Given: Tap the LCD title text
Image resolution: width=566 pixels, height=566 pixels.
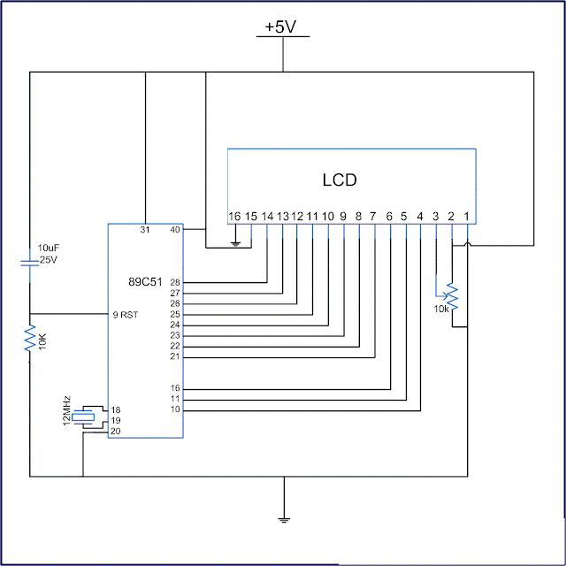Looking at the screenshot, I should coord(340,180).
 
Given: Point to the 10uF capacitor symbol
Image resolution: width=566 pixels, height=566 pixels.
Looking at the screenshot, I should coord(30,263).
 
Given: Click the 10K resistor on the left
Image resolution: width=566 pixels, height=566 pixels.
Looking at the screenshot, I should coord(30,337).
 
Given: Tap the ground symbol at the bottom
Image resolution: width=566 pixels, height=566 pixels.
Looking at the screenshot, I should coord(283,517).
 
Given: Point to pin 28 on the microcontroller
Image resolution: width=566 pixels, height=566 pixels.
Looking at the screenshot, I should coord(174,283).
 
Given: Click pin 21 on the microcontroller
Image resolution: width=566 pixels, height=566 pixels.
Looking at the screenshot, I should coord(174,356).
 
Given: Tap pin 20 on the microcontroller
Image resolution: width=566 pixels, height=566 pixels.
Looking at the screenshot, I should coord(115,431).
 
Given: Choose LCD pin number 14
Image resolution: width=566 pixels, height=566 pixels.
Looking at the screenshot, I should coord(267,216).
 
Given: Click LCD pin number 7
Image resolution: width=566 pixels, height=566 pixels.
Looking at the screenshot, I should coord(373,216).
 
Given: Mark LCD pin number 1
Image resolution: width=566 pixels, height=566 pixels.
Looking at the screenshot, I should coord(466,216).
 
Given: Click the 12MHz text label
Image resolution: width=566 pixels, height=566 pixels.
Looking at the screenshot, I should coord(67,411).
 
